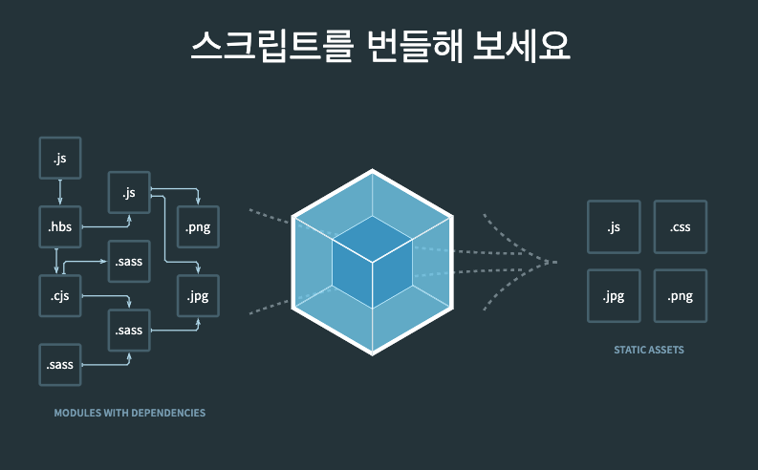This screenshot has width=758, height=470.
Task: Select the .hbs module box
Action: coord(60,226)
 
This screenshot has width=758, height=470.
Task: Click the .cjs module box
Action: coord(60,295)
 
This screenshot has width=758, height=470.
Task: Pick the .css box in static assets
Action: coord(680,226)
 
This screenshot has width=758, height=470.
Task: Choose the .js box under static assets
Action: coord(614,226)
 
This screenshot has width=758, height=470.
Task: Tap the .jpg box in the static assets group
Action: coord(614,295)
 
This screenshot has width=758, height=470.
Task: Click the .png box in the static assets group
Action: coord(680,295)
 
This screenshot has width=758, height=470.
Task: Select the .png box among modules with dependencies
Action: coord(198,226)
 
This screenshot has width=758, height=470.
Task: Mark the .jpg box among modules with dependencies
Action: coord(198,295)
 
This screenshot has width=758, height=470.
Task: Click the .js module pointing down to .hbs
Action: coord(60,158)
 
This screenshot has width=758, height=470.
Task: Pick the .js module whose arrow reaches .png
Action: coord(130,192)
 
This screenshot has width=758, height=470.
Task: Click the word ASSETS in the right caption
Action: coord(666,351)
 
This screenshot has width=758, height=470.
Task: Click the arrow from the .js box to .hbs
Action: coord(60,192)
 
